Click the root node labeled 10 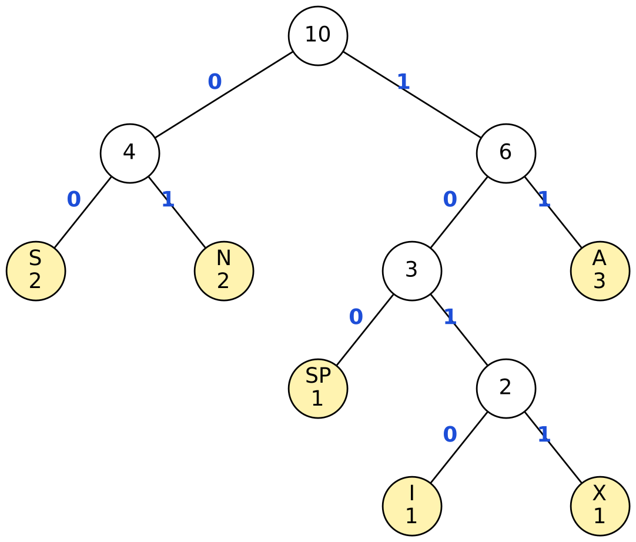[318, 36]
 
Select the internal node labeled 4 [130, 153]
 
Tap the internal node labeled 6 [506, 153]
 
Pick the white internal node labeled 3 [412, 271]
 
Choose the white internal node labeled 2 [506, 389]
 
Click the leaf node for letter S [36, 271]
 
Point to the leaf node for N [224, 271]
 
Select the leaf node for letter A [600, 271]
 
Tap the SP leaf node [318, 389]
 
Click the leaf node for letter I [412, 506]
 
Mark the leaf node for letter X [600, 506]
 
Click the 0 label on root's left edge [215, 82]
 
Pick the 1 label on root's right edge [403, 82]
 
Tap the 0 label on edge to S [74, 199]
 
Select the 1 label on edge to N [168, 199]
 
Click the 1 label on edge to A [544, 199]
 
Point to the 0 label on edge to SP [356, 317]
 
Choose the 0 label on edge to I [450, 434]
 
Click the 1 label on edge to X [544, 434]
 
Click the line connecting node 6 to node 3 [459, 212]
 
